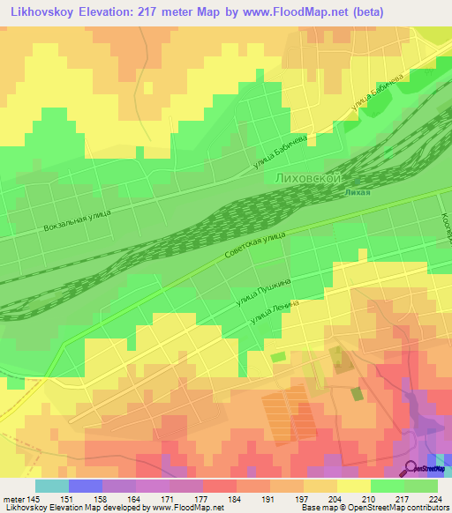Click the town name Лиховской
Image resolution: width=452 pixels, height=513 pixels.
(x=310, y=178)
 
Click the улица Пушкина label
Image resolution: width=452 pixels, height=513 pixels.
(x=264, y=294)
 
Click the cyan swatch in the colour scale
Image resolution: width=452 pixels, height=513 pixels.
(x=52, y=486)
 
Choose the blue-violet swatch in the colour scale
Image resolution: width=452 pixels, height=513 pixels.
(x=86, y=486)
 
